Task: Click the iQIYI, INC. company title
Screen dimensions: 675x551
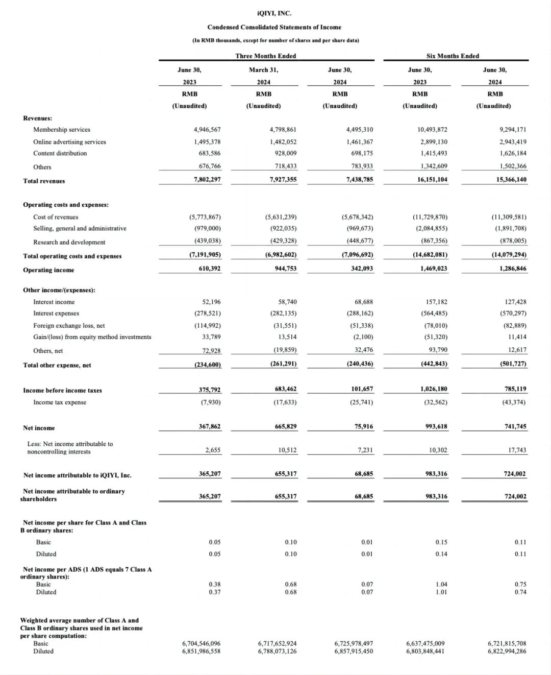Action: [274, 14]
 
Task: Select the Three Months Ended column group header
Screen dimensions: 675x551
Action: [265, 56]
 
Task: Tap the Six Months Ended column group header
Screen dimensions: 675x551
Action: [453, 56]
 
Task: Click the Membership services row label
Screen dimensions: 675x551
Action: [62, 130]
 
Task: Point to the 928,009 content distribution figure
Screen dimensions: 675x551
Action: [283, 153]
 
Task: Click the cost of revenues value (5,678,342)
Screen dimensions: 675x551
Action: [357, 217]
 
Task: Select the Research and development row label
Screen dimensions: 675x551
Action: [69, 243]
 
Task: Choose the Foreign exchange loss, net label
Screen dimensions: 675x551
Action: [69, 326]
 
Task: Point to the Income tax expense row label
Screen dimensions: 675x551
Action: [60, 402]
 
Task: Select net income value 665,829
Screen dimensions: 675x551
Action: [286, 426]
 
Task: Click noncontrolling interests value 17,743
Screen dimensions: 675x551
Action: [517, 450]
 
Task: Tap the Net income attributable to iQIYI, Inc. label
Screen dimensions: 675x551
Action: [78, 475]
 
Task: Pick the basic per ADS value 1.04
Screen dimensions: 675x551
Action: [441, 585]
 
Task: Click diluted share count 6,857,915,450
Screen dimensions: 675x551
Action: [354, 651]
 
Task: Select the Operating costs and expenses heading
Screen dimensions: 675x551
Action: [66, 205]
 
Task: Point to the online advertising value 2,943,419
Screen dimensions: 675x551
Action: [513, 142]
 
